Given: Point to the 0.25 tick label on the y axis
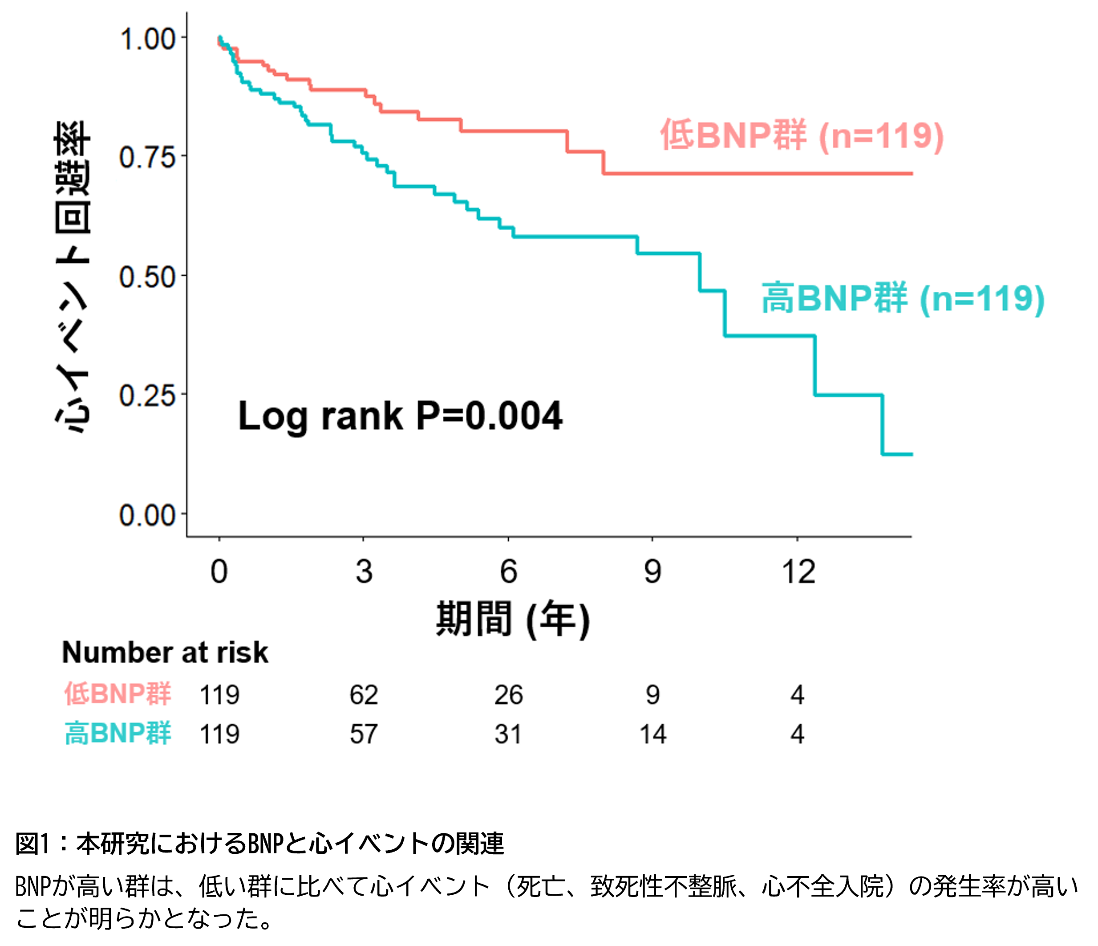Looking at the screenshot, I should [x=147, y=396].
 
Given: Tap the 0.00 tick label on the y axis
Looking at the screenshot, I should [x=147, y=515].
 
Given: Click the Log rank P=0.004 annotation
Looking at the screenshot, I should [x=400, y=416].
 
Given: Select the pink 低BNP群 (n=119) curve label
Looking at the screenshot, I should [x=802, y=135].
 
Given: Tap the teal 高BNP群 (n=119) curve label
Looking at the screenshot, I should [x=903, y=298].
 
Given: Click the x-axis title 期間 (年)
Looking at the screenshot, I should [x=512, y=619].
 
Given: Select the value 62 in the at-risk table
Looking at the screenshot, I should [x=364, y=695].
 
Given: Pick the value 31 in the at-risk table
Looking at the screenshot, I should [x=508, y=734].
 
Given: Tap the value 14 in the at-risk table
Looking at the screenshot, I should [x=652, y=734].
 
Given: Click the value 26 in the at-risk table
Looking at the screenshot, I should [x=508, y=695].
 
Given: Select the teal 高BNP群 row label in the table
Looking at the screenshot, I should [x=117, y=734].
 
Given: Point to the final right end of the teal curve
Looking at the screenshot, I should [x=911, y=454].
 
